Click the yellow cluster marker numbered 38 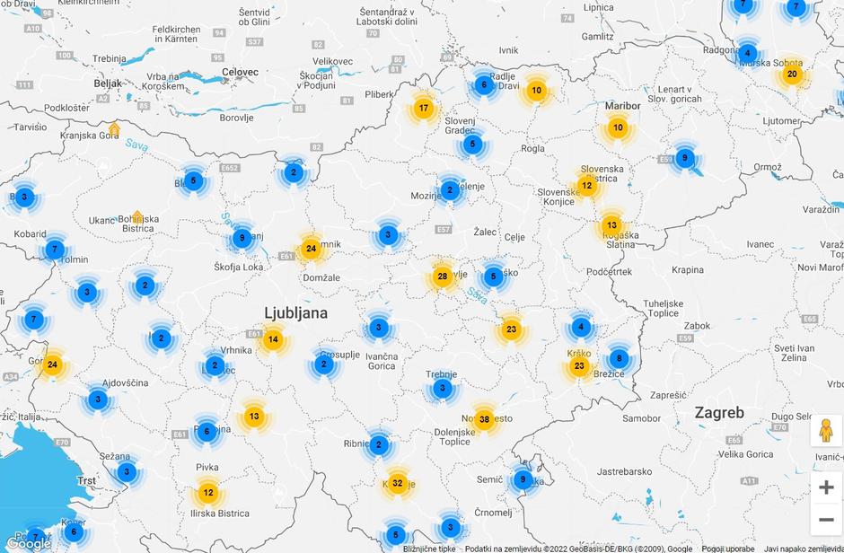(x=485, y=419)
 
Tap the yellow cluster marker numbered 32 (x=398, y=483)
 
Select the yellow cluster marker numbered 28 (x=442, y=276)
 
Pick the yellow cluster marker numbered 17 (x=424, y=110)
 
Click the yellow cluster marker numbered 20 (x=792, y=75)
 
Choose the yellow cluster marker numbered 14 (x=273, y=340)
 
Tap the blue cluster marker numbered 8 (x=618, y=358)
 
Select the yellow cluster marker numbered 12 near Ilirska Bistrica (x=208, y=493)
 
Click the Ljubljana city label (x=295, y=313)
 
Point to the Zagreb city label (x=719, y=413)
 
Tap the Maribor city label (x=623, y=106)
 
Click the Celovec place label (x=240, y=72)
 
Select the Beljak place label (x=107, y=83)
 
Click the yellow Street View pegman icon (x=826, y=430)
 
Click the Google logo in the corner (x=29, y=543)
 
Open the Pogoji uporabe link (x=728, y=549)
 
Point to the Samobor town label (x=641, y=418)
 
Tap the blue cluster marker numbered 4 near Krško (x=581, y=327)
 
